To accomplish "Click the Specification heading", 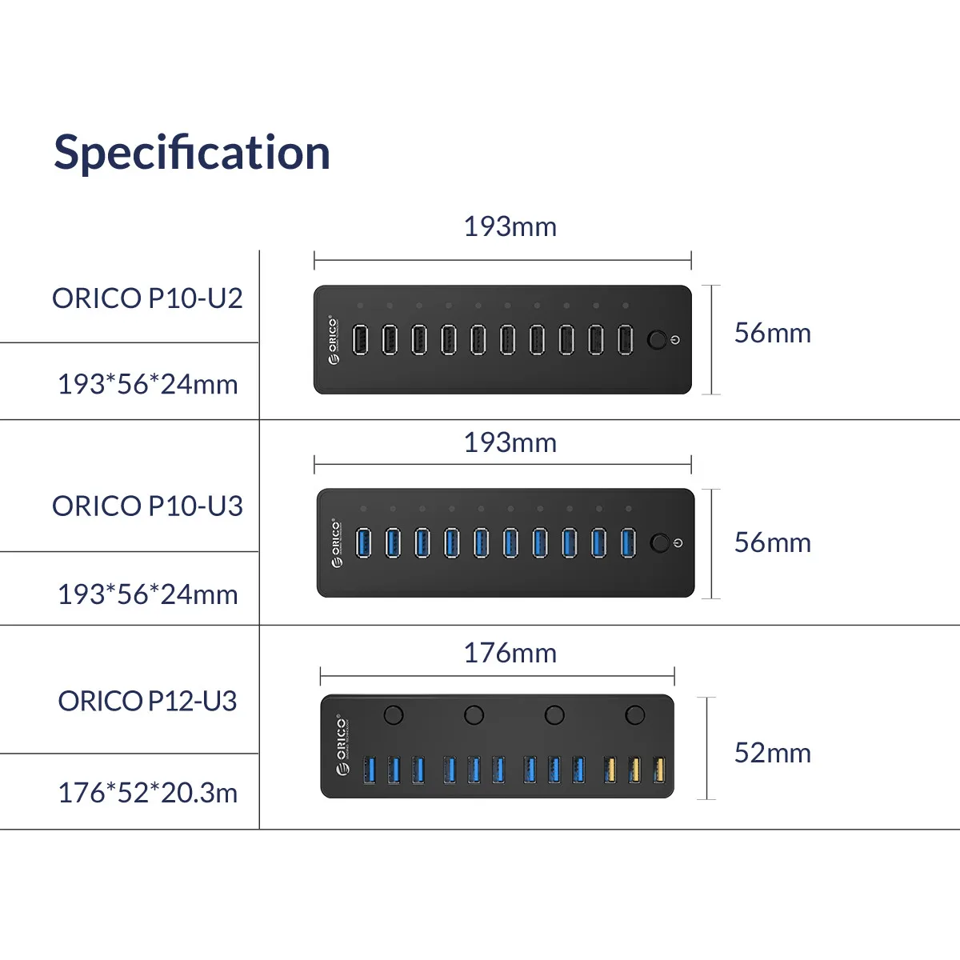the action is [x=192, y=152].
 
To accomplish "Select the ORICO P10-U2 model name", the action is [x=147, y=298].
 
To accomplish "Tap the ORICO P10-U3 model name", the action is [x=147, y=506].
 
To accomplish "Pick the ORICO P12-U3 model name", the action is [x=147, y=702].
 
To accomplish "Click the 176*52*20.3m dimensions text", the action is [x=147, y=793].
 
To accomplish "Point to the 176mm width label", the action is [x=510, y=653].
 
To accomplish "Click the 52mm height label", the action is [x=772, y=753].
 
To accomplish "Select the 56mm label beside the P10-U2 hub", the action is [x=772, y=333].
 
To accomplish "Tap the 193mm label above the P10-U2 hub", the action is [x=510, y=226].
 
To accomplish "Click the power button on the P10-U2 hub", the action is [x=657, y=339].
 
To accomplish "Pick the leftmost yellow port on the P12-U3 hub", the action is [x=610, y=770].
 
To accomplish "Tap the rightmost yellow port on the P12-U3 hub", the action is [x=659, y=770].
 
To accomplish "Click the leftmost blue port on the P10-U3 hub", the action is [x=363, y=542].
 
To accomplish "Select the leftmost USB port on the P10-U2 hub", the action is [x=361, y=339].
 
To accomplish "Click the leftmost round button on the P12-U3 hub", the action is [x=393, y=714].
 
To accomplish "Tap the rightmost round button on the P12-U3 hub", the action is [x=635, y=714].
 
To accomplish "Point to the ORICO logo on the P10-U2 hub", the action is [x=334, y=339].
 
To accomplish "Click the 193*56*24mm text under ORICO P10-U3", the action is [x=147, y=594].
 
